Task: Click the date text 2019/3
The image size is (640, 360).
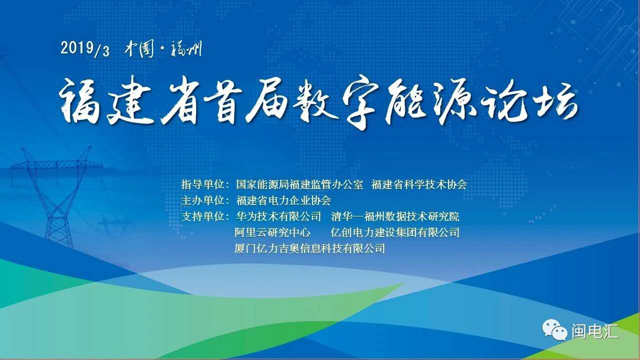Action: pos(85,48)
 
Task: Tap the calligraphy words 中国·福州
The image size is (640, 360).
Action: pos(163,49)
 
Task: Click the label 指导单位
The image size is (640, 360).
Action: pos(202,184)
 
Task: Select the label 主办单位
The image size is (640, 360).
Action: pos(202,200)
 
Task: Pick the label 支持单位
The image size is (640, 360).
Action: pos(202,216)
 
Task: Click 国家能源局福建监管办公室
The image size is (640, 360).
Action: pos(299,184)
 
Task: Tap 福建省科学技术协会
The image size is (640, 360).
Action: pos(419,184)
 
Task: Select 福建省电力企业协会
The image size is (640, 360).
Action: pos(283,200)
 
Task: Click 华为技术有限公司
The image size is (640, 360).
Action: pos(278,216)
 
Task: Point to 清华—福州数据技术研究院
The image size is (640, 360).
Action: pos(395,216)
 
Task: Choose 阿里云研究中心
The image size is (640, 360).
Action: pos(272,232)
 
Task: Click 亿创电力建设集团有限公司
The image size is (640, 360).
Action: pos(395,232)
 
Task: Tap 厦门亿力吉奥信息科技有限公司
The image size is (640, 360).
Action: pos(309,248)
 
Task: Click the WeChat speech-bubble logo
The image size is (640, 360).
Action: pos(554,330)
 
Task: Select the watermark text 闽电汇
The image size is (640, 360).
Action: pos(595,331)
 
